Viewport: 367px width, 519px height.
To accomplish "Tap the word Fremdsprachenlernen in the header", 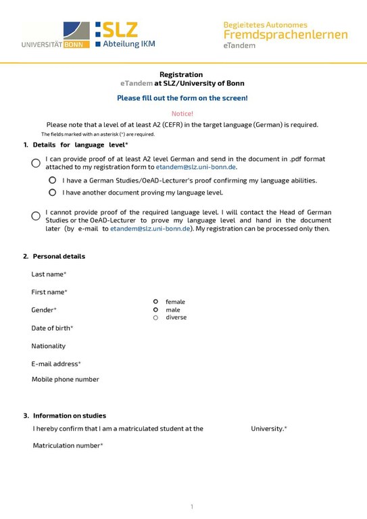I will [286, 34].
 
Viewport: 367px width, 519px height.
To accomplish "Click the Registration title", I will [181, 74].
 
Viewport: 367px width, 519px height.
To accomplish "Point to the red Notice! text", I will [182, 114].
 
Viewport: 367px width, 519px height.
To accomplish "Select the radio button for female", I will [155, 301].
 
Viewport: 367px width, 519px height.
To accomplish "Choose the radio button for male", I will [155, 310].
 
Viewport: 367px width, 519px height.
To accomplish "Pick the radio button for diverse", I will [155, 318].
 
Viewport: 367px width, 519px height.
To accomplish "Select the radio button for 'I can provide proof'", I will [36, 163].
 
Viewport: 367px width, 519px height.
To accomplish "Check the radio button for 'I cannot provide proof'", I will [36, 216].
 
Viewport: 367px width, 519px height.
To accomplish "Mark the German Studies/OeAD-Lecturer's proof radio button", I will [52, 180].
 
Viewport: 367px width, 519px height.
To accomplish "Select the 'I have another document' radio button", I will [52, 193].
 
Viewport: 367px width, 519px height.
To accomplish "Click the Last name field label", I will [49, 274].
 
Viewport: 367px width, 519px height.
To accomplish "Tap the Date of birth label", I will [52, 328].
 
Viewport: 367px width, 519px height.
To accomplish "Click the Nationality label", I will [49, 346].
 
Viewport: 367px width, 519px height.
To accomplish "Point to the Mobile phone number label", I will [65, 379].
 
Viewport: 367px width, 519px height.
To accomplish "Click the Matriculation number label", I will [68, 445].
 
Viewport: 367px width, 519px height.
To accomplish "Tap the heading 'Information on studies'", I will [69, 416].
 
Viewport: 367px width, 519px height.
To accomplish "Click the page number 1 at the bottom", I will [192, 506].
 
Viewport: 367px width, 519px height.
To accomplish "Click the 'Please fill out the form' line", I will [182, 98].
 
